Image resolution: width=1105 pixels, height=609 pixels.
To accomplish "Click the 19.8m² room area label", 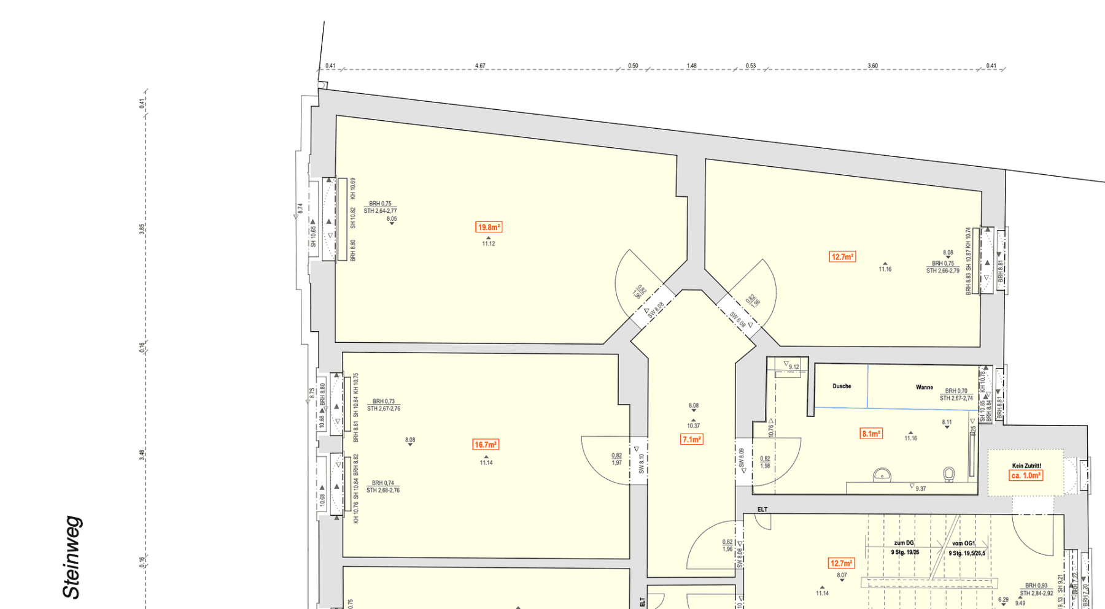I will (x=489, y=228).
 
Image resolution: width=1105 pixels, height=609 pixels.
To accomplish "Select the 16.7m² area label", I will (x=486, y=445).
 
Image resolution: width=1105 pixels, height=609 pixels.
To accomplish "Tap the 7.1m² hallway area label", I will (x=692, y=439).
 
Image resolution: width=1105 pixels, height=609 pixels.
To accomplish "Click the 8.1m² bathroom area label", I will (x=871, y=434).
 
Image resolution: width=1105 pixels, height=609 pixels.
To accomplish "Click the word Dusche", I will (x=842, y=386).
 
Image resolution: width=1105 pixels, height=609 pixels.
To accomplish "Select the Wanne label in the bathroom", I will (x=924, y=387).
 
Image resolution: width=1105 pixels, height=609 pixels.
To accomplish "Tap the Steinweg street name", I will (x=72, y=557).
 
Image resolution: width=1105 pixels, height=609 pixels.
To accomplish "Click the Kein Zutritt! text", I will (x=1026, y=466).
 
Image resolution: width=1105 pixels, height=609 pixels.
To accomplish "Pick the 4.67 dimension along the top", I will (x=480, y=66).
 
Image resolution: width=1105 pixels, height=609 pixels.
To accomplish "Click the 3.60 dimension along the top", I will (x=872, y=66).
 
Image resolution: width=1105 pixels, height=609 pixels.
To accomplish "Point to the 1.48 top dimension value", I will (x=692, y=66).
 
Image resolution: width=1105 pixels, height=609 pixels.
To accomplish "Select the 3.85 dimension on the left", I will (x=142, y=229).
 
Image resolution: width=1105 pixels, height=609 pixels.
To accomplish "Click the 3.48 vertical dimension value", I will (x=142, y=454).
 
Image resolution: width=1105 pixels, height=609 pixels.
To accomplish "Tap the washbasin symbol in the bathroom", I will (x=882, y=475).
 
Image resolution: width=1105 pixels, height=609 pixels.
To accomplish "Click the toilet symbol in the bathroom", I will (x=949, y=474).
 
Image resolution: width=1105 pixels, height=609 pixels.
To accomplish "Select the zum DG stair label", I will (x=904, y=543).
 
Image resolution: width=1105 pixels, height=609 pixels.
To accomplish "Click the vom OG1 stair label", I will (x=963, y=544).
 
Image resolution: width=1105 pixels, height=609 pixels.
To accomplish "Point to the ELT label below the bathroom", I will (x=762, y=510).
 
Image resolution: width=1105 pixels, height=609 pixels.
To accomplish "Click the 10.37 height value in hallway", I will (x=693, y=426).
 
